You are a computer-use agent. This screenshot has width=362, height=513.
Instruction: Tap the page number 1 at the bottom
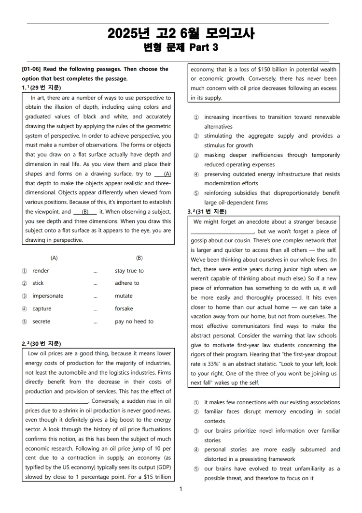(x=181, y=489)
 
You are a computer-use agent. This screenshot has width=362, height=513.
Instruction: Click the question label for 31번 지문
(x=208, y=212)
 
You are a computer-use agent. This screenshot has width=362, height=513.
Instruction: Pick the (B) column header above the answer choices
(x=139, y=258)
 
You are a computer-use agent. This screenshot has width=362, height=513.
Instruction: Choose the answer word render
(x=41, y=271)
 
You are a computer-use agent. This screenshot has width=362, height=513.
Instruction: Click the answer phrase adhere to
(x=127, y=283)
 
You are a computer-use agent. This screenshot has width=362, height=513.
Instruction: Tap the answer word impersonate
(x=48, y=296)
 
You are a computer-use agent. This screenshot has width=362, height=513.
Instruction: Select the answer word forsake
(x=124, y=308)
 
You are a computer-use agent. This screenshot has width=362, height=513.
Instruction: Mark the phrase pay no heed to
(x=134, y=322)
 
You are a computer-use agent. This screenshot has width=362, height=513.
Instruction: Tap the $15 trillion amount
(x=154, y=477)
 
